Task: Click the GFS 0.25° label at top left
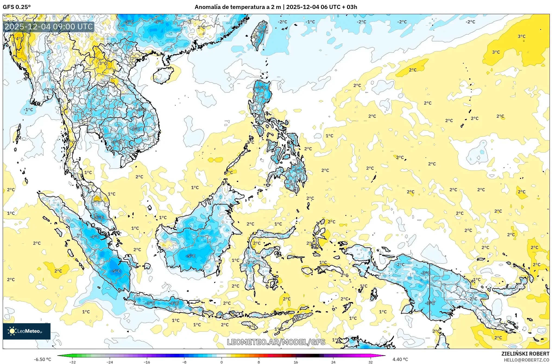(17, 7)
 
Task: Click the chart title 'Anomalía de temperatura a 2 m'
(238, 7)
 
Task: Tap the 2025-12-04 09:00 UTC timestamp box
(49, 27)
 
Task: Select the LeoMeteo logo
(26, 331)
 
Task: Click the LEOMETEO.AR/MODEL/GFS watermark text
(276, 342)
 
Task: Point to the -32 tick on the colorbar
(72, 362)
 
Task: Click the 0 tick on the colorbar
(222, 362)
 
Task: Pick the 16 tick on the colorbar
(296, 362)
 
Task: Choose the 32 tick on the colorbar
(370, 362)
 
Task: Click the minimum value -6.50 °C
(42, 359)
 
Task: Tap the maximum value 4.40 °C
(400, 359)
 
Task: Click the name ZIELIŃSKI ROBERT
(525, 354)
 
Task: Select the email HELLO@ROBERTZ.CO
(526, 360)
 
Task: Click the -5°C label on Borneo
(191, 256)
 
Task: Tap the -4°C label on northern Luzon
(261, 88)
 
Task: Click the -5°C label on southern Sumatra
(116, 271)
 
